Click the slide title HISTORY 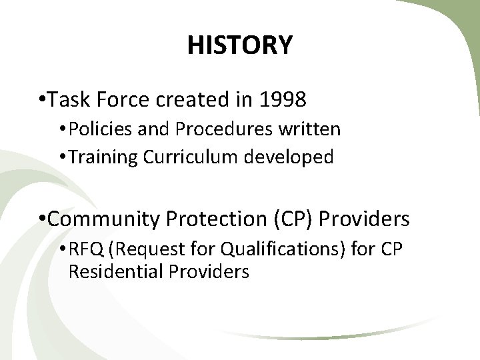239,45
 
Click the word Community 105,219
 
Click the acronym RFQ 83,249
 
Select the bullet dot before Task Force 42,101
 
